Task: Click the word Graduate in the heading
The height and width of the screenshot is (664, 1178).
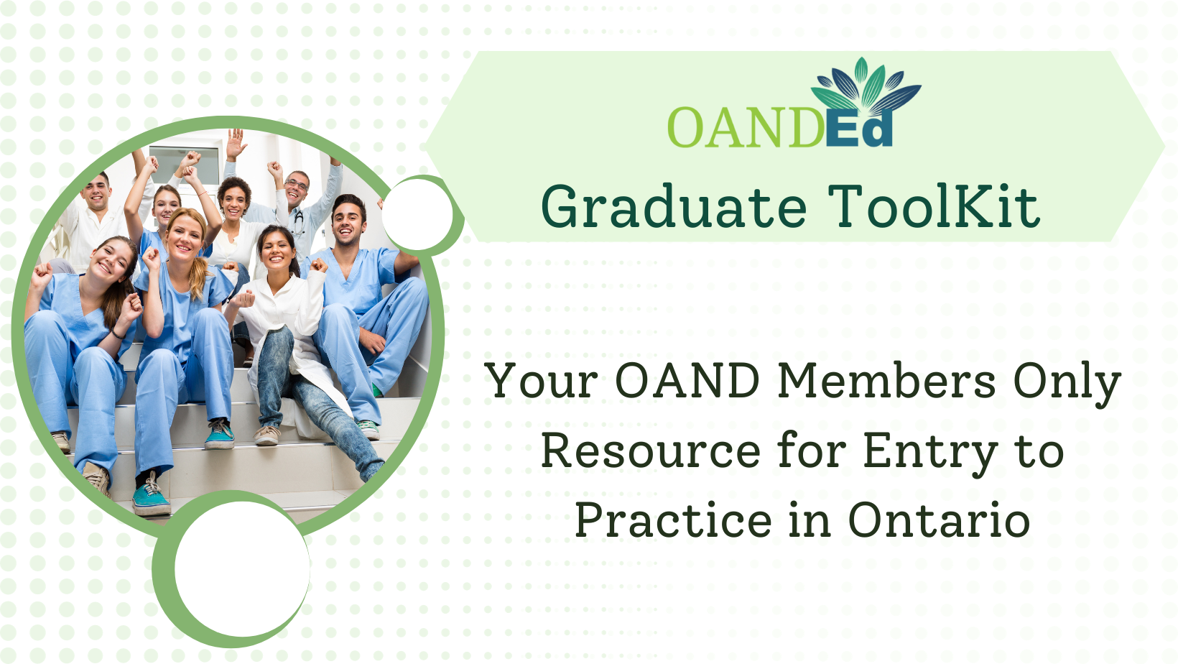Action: tap(674, 206)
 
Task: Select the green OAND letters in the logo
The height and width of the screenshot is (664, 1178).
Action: tap(746, 128)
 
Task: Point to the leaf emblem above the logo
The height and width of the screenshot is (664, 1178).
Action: tap(866, 84)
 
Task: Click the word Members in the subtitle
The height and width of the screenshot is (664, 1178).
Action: tap(886, 380)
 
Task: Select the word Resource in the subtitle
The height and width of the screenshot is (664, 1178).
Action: tap(651, 451)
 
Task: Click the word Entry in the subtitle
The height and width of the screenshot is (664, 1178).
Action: tap(930, 453)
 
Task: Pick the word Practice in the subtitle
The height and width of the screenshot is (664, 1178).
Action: tap(673, 520)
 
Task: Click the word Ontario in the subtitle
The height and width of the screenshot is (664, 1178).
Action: tap(939, 520)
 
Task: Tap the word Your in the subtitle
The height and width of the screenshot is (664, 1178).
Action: tap(541, 380)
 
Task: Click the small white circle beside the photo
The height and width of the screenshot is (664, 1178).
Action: tap(417, 214)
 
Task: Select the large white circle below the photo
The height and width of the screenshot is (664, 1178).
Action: tap(243, 568)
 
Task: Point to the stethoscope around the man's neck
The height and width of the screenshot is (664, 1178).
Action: tap(298, 221)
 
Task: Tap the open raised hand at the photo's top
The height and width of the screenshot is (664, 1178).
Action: tap(236, 143)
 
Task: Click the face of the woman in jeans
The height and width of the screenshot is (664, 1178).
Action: tap(278, 252)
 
